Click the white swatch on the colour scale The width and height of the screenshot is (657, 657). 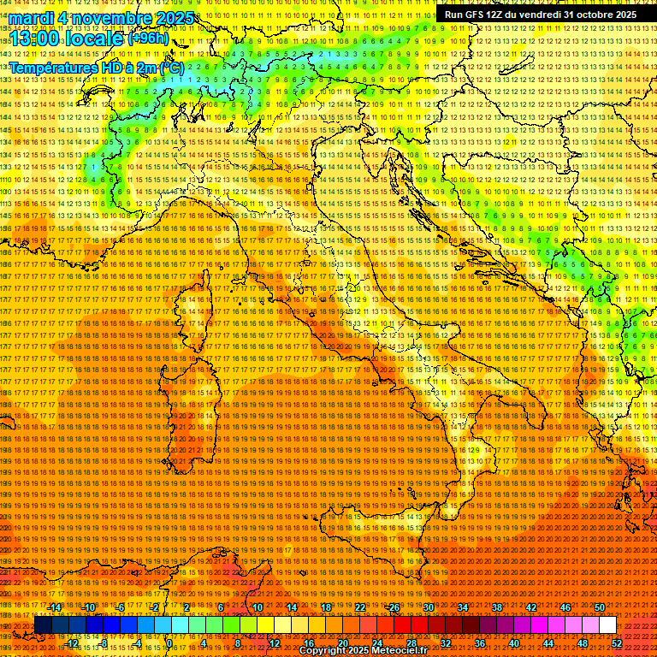pos(607,625)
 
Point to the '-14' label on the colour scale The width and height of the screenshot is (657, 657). pos(55,607)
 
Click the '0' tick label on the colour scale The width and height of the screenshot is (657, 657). pos(169,643)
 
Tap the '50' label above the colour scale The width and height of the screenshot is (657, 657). pos(600,607)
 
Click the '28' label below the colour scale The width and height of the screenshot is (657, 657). pos(411,643)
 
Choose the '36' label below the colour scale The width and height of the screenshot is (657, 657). pos(479,643)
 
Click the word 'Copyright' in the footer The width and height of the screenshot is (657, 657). pos(323,652)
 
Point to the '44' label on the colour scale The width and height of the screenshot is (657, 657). pos(547,643)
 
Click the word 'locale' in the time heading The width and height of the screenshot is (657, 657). pos(92,39)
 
